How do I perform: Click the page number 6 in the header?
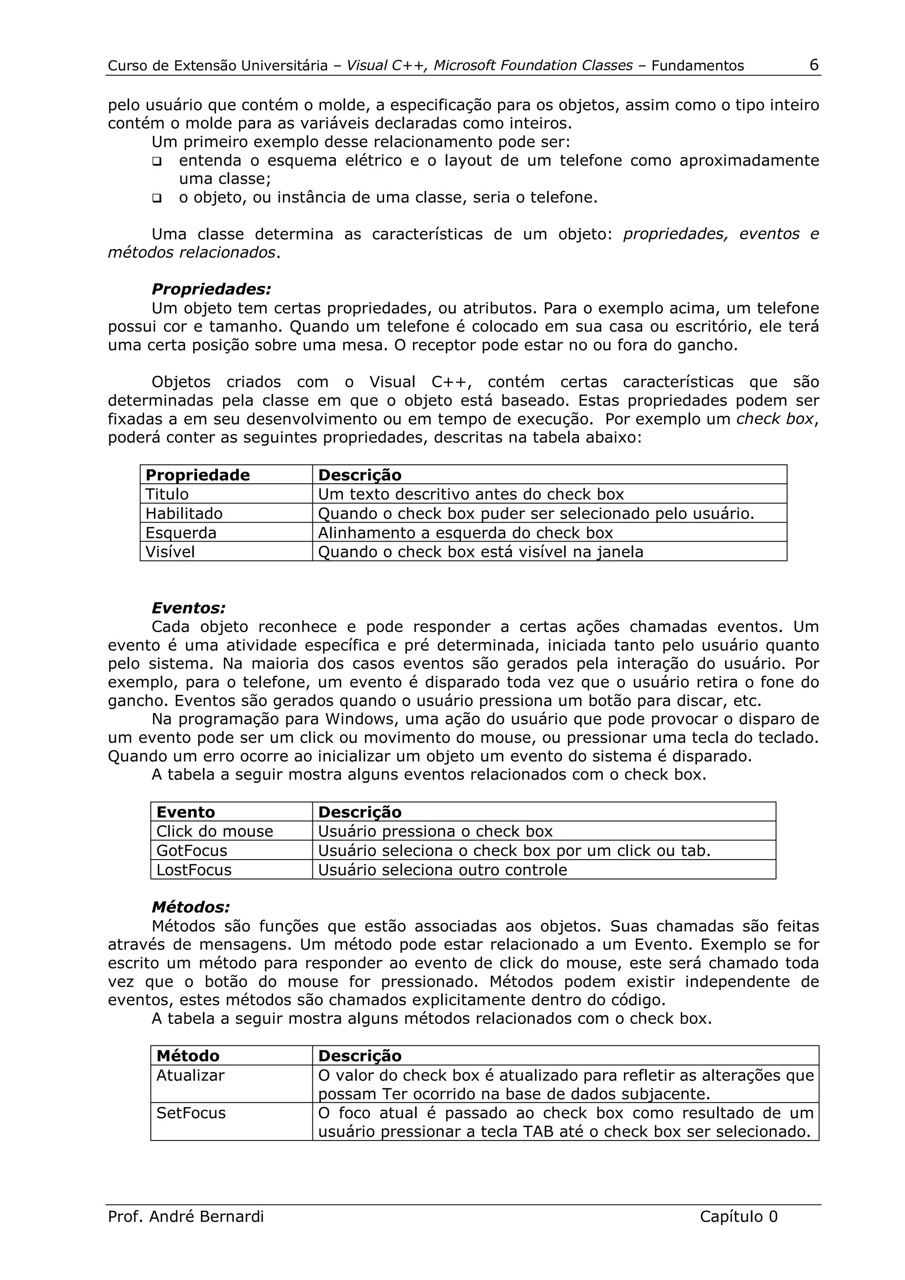814,65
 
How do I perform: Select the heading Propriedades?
211,289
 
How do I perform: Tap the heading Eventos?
189,608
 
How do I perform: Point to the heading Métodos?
191,908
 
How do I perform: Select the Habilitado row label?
183,513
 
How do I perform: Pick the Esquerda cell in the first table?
181,532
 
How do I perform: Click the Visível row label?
170,552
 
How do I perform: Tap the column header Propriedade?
198,475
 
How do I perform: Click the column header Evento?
185,812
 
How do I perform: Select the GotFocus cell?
192,851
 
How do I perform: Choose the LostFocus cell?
194,870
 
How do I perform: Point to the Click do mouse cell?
214,831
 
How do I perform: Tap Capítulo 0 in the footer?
738,1216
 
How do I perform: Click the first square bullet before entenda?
157,162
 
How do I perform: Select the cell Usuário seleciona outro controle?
442,870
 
